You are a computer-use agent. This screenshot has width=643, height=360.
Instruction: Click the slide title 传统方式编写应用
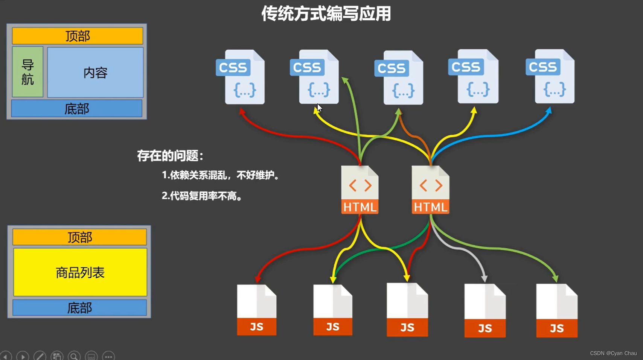click(x=326, y=14)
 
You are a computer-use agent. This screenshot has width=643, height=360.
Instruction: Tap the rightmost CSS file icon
click(x=551, y=76)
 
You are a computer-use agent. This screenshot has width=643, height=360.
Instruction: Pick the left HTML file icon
click(x=360, y=190)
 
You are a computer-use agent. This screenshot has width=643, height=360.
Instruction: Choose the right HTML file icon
click(x=430, y=190)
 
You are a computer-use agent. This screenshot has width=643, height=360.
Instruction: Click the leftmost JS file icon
click(x=256, y=310)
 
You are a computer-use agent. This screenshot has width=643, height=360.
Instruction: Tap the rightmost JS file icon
click(x=557, y=311)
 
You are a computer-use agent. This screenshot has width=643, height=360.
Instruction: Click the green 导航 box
click(x=27, y=72)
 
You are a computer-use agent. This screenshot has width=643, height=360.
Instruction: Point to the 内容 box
click(x=95, y=72)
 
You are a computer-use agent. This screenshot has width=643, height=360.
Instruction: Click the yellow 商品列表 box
click(x=80, y=272)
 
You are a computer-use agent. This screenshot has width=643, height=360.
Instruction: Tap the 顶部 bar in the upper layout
click(x=78, y=36)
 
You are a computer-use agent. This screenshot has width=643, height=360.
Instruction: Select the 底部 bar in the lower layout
click(x=79, y=308)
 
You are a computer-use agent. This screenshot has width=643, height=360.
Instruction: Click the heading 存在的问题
click(x=170, y=156)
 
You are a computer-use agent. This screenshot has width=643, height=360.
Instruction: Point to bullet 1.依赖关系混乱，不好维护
click(x=221, y=175)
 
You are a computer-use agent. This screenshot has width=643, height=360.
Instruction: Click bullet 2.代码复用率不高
click(x=202, y=196)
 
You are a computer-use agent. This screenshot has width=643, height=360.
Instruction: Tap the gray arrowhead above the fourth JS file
click(x=484, y=278)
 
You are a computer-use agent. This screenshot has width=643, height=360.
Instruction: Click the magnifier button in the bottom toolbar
click(x=74, y=356)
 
